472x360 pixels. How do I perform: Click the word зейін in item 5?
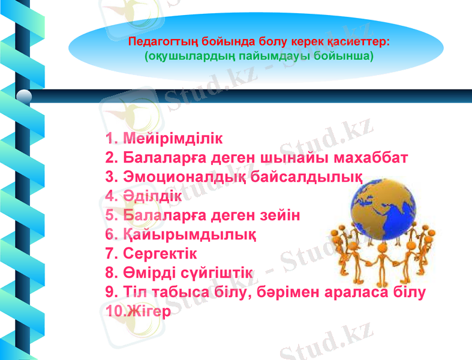(x=277, y=215)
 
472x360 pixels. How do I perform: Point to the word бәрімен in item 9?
(x=325, y=292)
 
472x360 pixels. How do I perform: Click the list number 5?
(x=110, y=215)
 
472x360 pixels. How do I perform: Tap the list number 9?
(x=110, y=292)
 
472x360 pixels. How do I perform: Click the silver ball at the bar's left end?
(x=25, y=97)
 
